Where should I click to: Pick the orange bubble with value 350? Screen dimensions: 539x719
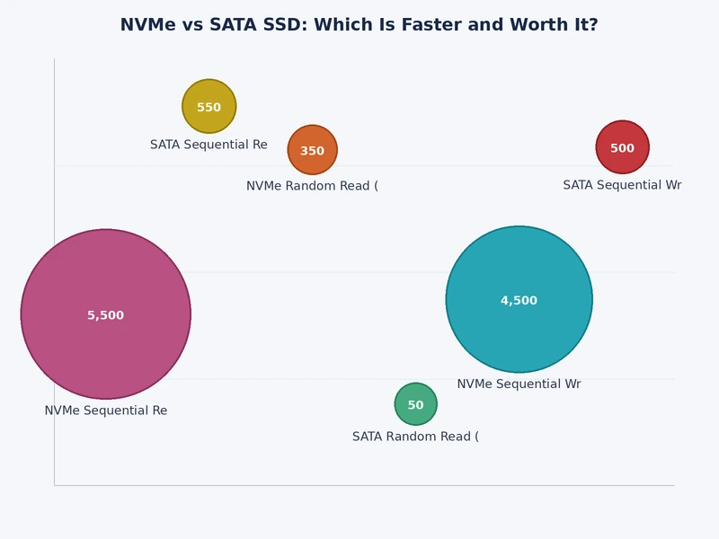tap(312, 139)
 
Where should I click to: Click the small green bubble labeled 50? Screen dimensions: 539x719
tap(415, 395)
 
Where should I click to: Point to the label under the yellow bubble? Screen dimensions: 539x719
tap(209, 145)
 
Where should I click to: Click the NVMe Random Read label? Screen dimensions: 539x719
tap(312, 186)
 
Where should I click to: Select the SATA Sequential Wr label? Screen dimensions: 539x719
tap(622, 185)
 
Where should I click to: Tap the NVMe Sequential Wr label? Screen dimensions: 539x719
tap(519, 384)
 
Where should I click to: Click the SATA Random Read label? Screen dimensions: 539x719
tap(415, 437)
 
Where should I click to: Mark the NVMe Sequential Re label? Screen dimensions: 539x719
tap(106, 411)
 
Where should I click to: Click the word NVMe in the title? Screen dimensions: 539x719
tap(147, 25)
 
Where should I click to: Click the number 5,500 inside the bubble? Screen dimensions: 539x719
tap(106, 315)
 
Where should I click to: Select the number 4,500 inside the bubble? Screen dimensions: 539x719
tap(519, 301)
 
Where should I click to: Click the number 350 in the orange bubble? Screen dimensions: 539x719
tap(312, 151)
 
